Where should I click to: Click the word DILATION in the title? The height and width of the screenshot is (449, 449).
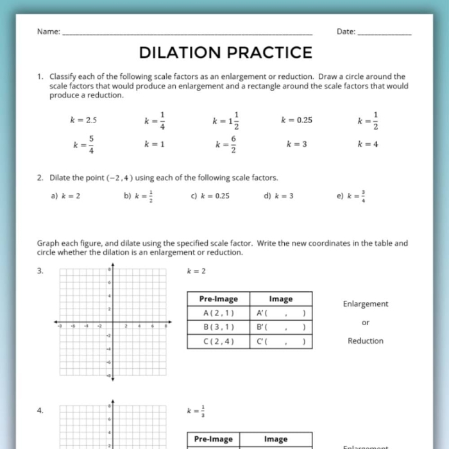tap(180, 53)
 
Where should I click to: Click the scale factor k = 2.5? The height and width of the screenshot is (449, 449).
tap(83, 120)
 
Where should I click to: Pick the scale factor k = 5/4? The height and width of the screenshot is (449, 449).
tap(84, 144)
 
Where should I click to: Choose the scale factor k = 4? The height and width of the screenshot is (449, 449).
tap(368, 144)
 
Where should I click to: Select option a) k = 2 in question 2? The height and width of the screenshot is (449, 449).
tap(65, 196)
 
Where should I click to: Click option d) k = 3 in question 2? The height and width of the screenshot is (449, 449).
tap(279, 196)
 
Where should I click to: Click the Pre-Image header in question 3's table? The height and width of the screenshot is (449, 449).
tap(218, 299)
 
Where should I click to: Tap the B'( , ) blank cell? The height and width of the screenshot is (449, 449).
tap(280, 327)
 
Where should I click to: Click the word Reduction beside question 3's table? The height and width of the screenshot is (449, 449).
tap(365, 341)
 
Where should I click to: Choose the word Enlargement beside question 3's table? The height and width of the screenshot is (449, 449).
tap(365, 304)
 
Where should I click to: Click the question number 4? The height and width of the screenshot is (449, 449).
tap(40, 411)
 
